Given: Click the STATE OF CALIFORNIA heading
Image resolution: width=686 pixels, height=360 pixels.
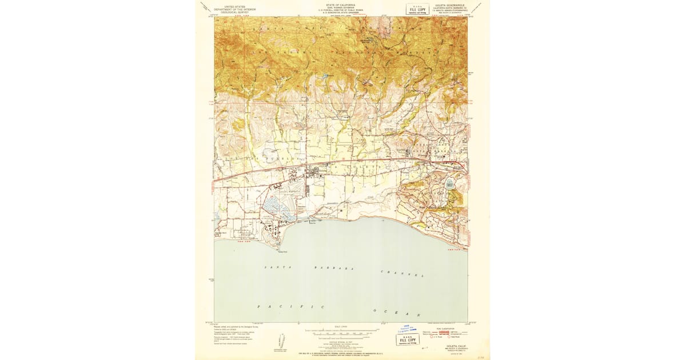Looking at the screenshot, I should click(x=341, y=4).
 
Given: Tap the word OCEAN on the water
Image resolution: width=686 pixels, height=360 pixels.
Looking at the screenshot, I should click(x=397, y=313).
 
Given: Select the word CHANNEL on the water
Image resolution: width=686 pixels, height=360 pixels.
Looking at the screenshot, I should click(x=402, y=273).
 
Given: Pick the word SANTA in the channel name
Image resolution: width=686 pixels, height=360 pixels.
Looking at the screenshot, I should click(x=274, y=267).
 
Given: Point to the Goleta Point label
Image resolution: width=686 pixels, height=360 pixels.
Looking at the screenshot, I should click(x=282, y=250).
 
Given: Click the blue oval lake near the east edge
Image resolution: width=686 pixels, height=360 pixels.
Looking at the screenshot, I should click(x=449, y=185).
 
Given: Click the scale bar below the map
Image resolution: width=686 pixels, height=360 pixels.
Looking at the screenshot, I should click(x=341, y=332).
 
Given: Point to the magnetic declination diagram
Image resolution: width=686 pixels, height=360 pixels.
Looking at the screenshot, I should click(x=280, y=341).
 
